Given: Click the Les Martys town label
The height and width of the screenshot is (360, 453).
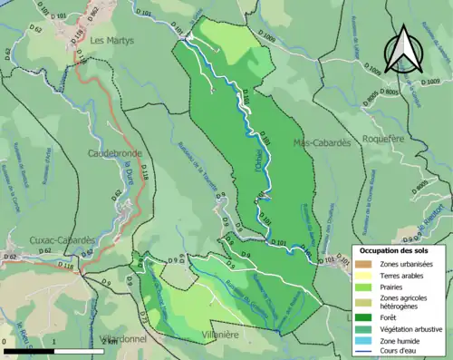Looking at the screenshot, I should coord(111,41).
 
